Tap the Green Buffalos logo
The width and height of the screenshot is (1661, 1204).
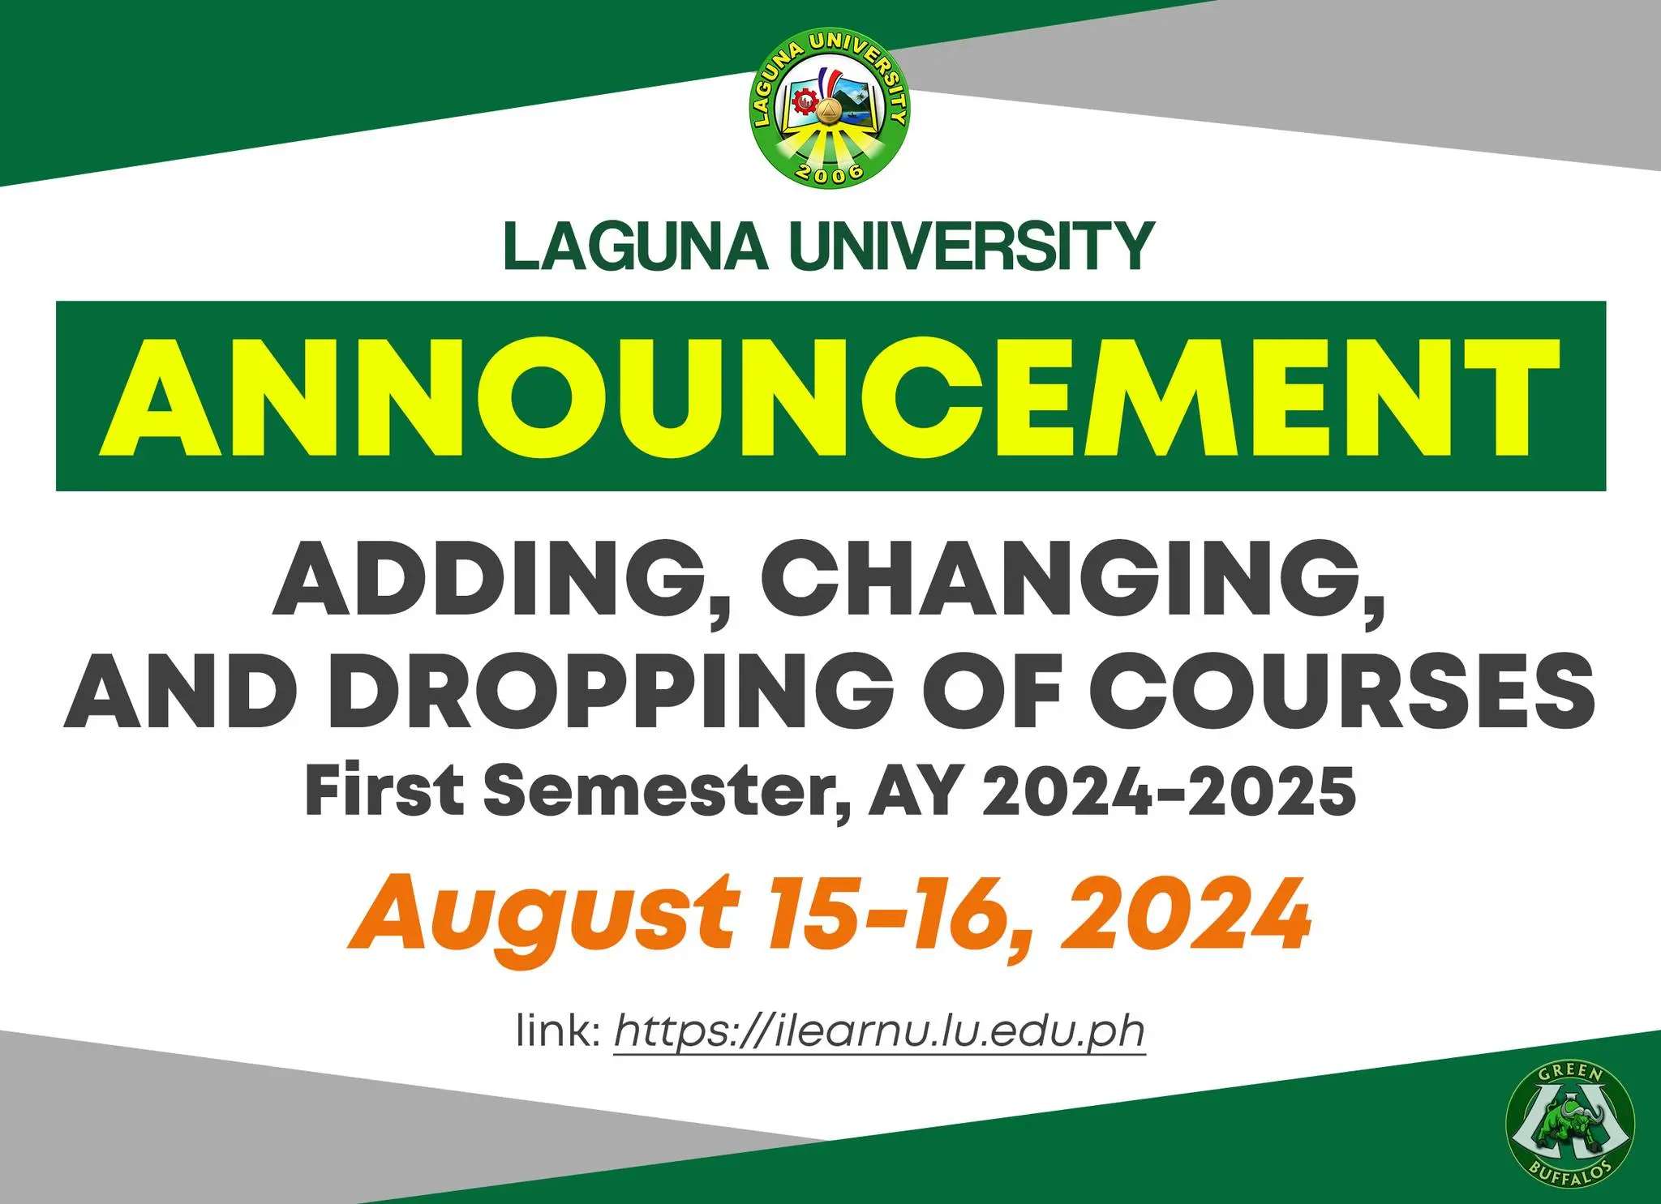[1569, 1125]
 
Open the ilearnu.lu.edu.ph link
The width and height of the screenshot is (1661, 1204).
[880, 1031]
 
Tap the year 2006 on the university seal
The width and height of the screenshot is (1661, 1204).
[829, 172]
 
